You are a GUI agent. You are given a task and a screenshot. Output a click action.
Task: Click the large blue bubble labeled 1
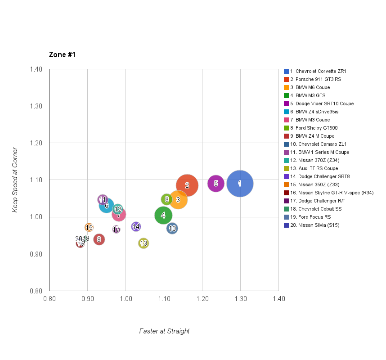click(240, 184)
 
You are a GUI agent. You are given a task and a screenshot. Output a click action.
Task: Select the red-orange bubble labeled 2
click(187, 185)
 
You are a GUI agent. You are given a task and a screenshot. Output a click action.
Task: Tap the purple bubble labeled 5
click(216, 183)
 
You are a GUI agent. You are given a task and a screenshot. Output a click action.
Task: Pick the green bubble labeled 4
click(163, 216)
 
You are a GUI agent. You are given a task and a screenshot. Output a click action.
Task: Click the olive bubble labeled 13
click(144, 243)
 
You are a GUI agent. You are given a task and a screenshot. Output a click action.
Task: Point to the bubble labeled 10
click(172, 229)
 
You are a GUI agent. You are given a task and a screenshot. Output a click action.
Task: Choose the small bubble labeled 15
click(89, 228)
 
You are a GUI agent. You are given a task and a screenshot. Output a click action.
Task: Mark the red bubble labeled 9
click(99, 239)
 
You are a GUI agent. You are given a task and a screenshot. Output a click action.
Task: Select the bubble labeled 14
click(136, 226)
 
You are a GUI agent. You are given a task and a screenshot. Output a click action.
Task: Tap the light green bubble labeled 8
click(166, 199)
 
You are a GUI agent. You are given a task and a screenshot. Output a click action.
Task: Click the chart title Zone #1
click(62, 55)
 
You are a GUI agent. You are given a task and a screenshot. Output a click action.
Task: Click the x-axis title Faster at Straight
click(164, 331)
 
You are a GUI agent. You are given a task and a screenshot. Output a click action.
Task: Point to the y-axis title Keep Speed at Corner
click(15, 180)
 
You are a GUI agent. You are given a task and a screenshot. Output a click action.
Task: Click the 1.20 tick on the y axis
click(36, 143)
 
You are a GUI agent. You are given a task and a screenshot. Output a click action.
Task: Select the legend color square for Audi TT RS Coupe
click(286, 168)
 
